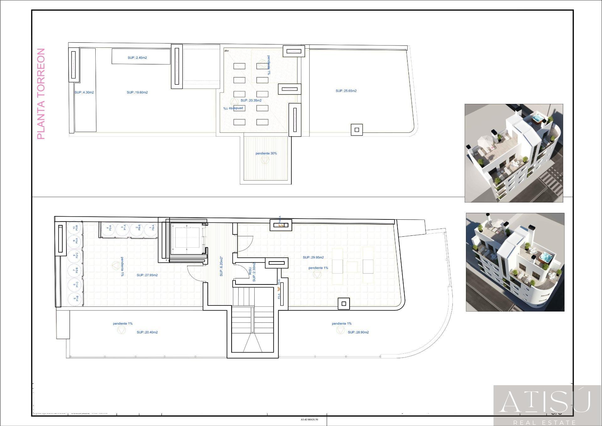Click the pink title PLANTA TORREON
tap(41, 94)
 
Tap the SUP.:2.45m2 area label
tap(137, 58)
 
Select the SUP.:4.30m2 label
tap(84, 93)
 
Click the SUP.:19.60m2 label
tap(137, 93)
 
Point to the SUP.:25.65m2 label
tap(346, 91)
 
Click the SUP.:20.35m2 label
tap(251, 100)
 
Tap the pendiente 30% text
tap(266, 154)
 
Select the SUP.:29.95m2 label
tap(313, 257)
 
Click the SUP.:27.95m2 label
tap(147, 275)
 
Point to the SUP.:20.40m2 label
tap(147, 332)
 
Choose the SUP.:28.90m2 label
tap(358, 332)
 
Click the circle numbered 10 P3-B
tap(75, 228)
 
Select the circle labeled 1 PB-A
tap(151, 228)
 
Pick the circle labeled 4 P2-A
tap(108, 228)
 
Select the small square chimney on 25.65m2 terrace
tap(356, 130)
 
